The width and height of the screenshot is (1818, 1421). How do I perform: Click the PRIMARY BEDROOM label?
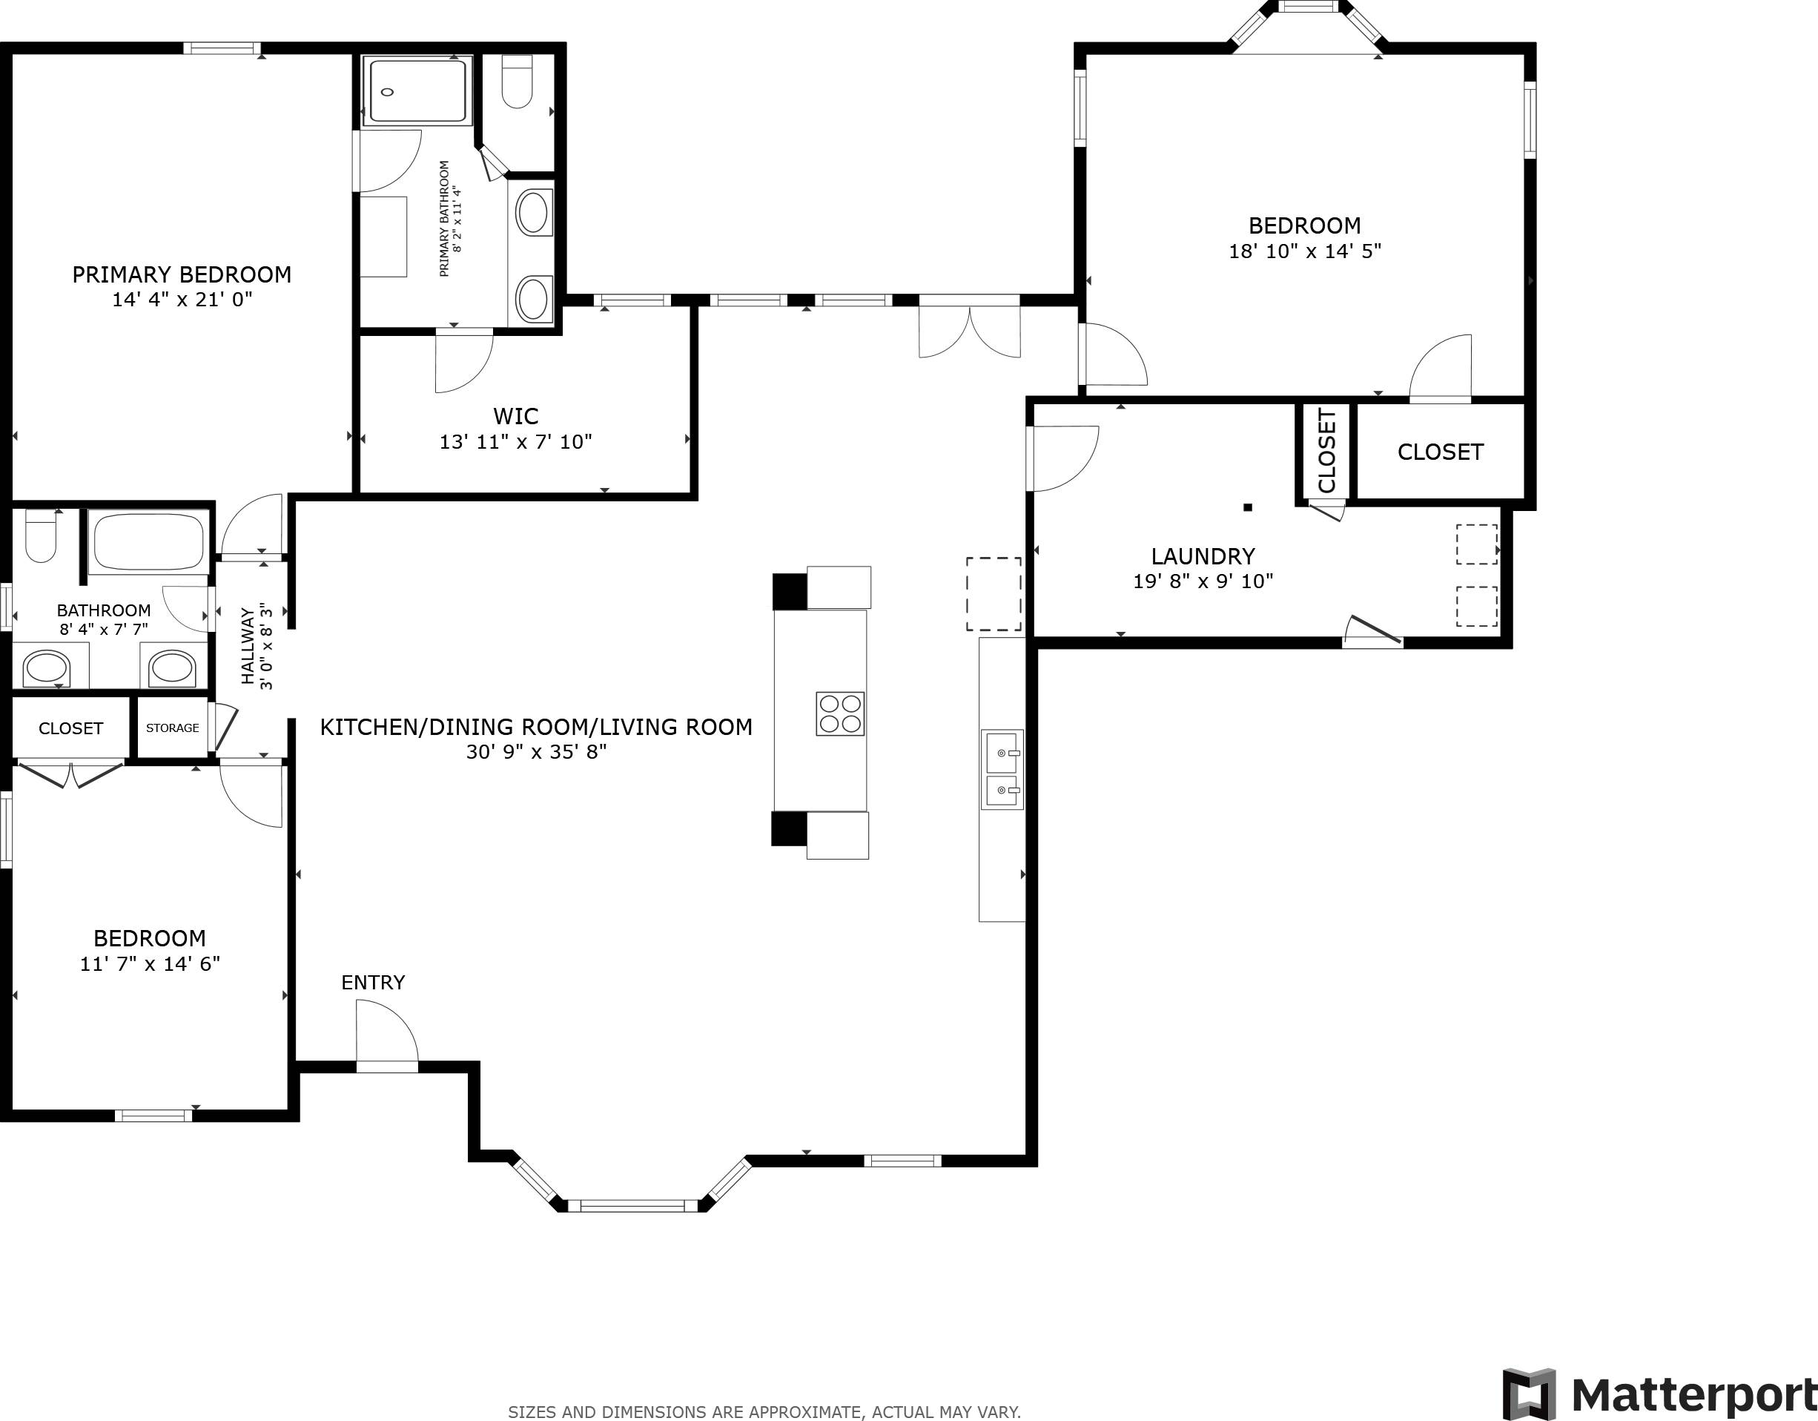pos(182,274)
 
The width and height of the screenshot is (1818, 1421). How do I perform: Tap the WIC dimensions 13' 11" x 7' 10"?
pos(515,442)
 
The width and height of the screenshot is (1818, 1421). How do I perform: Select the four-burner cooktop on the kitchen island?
pos(839,713)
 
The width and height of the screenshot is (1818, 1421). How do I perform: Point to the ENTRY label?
pos(373,982)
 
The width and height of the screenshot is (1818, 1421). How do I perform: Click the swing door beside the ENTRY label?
pos(386,1033)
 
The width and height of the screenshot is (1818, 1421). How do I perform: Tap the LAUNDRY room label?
pos(1203,556)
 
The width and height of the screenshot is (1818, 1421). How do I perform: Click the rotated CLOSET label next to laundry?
pos(1327,450)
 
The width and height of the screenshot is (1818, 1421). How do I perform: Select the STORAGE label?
pos(172,728)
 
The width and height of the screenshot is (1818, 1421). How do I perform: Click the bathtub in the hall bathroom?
pos(148,541)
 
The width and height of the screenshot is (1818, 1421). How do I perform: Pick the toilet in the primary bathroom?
pos(518,82)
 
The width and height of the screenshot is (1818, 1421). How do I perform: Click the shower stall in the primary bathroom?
pos(417,90)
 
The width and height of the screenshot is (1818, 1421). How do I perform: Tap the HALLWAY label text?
pos(247,646)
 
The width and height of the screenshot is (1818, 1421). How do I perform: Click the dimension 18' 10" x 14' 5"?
pos(1304,251)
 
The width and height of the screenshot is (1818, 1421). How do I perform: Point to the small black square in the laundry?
pos(1247,507)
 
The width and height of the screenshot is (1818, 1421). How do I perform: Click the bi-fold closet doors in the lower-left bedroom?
pos(70,774)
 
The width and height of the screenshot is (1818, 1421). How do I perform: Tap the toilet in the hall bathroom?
pos(40,537)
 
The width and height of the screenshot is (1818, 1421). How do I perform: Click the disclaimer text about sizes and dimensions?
pos(764,1412)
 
